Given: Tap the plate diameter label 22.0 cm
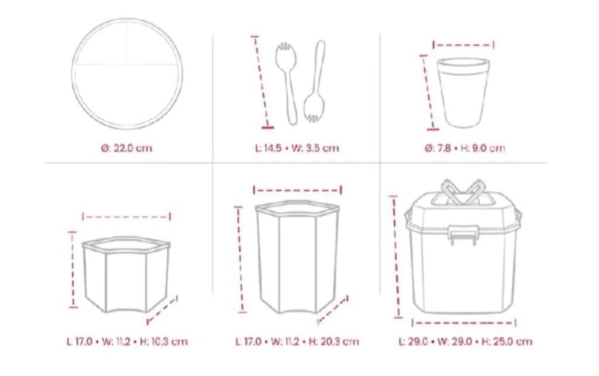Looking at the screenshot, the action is (x=127, y=148).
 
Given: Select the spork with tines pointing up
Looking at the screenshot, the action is (x=288, y=83).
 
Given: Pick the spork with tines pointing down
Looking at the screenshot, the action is (x=316, y=82).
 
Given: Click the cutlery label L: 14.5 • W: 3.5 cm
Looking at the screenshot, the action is (x=297, y=148).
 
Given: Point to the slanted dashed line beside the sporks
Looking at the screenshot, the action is (x=261, y=82).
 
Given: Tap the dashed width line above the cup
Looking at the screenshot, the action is (x=463, y=45).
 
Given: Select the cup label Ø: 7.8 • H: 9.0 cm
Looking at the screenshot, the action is (x=464, y=148).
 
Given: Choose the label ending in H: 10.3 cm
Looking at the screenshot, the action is (x=127, y=342).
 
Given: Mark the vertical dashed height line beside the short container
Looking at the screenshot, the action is (x=73, y=270).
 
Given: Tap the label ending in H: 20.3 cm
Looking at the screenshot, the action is (x=297, y=342).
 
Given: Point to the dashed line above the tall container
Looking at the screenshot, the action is (x=297, y=189).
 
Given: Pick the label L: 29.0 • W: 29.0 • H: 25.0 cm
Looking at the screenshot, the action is (x=465, y=342).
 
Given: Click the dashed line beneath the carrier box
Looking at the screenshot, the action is (x=463, y=323).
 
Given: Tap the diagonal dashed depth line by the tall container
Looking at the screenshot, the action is (x=332, y=309).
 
